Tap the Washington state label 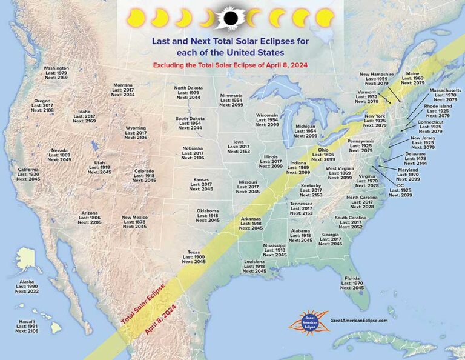coord(56,68)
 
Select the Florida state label coord(353,278)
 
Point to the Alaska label coord(27,281)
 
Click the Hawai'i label coord(27,321)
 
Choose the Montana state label coord(123,85)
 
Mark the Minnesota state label coord(231,95)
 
